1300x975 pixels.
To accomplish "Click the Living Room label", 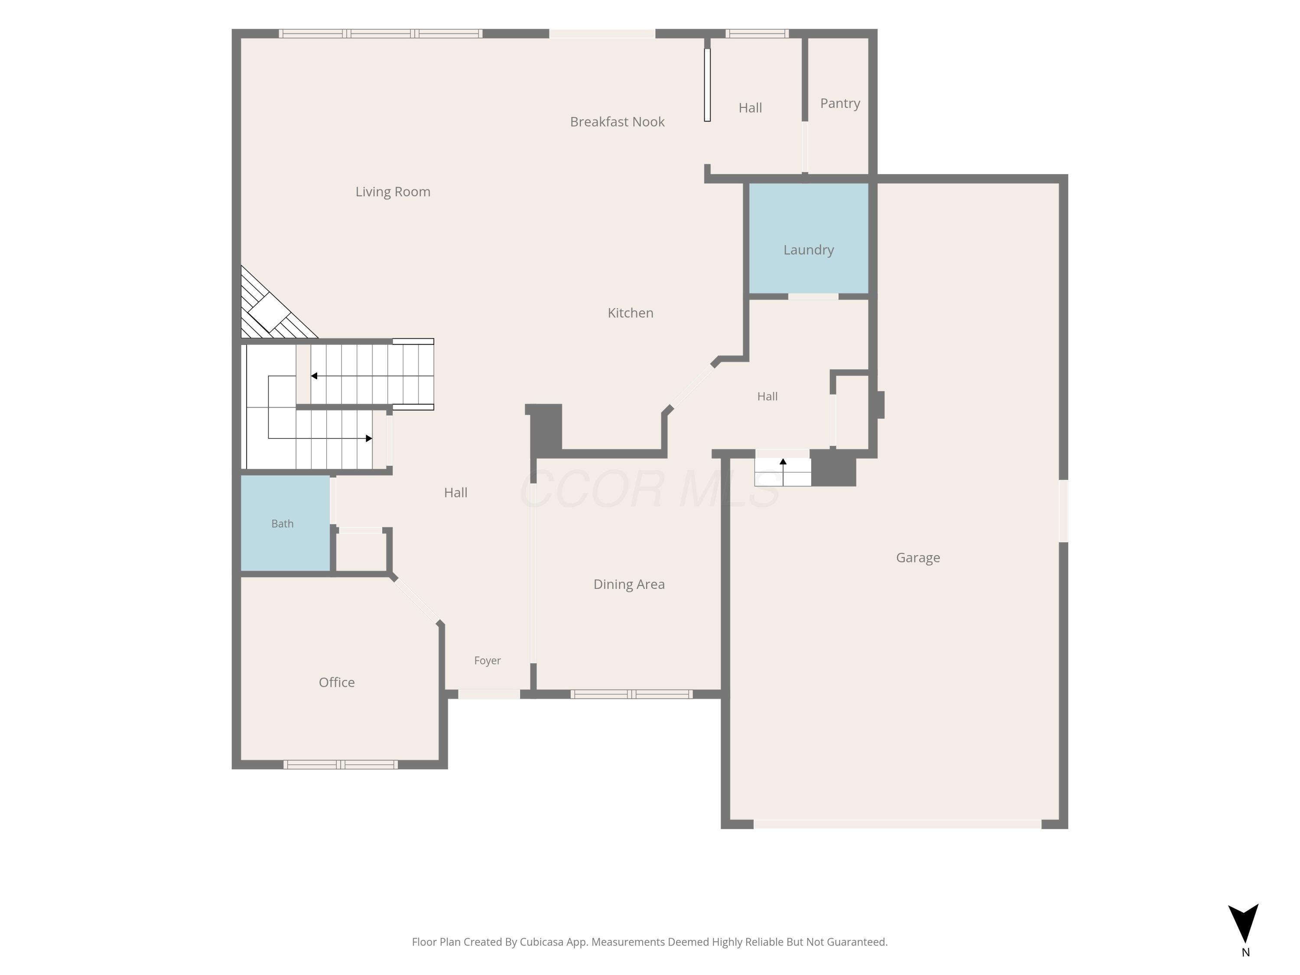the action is [393, 192].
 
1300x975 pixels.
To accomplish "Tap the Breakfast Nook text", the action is [617, 122].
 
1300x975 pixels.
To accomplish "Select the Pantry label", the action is [840, 104].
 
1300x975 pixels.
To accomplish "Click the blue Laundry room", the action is [809, 238].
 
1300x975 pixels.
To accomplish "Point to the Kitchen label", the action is [630, 313].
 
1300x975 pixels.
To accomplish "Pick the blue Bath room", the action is [285, 523].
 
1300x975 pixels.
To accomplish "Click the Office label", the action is [337, 682].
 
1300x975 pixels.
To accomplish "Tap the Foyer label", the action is [487, 660].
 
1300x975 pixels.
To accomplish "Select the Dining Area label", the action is [629, 584].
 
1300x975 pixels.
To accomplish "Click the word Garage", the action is [918, 558].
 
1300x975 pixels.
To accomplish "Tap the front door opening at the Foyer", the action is [489, 694].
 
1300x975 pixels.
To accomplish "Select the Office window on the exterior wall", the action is [340, 764].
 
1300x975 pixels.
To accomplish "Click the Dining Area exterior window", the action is [631, 694].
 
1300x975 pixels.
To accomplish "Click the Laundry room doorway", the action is [813, 297].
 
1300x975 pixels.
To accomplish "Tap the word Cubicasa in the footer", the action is [541, 942].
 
